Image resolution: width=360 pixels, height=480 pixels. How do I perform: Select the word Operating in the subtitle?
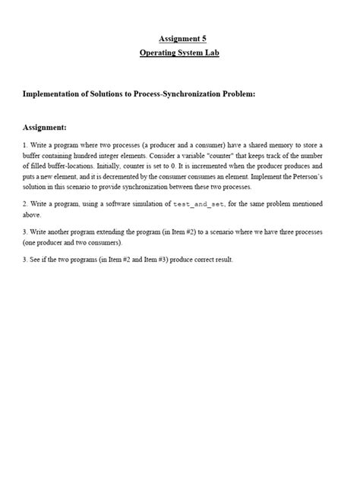point(159,53)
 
